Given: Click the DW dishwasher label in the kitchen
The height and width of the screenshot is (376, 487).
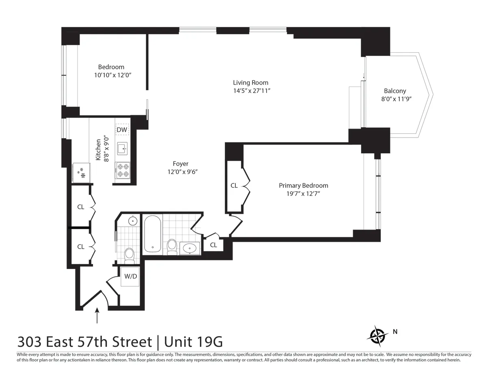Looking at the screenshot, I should click(122, 130).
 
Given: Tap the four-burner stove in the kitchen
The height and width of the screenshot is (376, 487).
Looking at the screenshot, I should click(123, 170).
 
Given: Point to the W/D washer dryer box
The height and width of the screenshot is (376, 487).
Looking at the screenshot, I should click(130, 277).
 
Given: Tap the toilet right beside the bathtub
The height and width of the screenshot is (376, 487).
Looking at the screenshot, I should click(172, 246).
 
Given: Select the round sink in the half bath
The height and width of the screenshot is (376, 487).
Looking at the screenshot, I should click(133, 221).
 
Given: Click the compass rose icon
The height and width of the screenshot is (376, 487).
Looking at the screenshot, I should click(377, 335).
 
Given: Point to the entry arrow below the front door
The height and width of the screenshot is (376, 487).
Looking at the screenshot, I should click(97, 316).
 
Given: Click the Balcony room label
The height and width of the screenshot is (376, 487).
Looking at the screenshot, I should click(395, 91).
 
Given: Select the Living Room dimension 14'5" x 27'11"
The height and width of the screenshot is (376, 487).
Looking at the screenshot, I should click(250, 91).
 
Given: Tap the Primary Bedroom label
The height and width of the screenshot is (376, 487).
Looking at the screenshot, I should click(303, 185).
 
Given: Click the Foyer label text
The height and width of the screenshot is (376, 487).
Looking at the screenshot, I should click(181, 164).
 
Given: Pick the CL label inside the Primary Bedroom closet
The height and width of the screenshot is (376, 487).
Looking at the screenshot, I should click(234, 186).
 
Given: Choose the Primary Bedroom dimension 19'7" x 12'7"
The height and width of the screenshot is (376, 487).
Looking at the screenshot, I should click(303, 194).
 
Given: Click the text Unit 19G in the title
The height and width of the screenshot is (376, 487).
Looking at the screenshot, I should click(194, 342).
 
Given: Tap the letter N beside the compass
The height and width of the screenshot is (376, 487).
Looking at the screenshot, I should click(395, 332).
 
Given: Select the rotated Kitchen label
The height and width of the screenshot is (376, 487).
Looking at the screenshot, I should click(99, 150).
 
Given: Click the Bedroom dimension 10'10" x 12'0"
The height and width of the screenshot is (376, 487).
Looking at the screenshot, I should click(111, 75).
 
